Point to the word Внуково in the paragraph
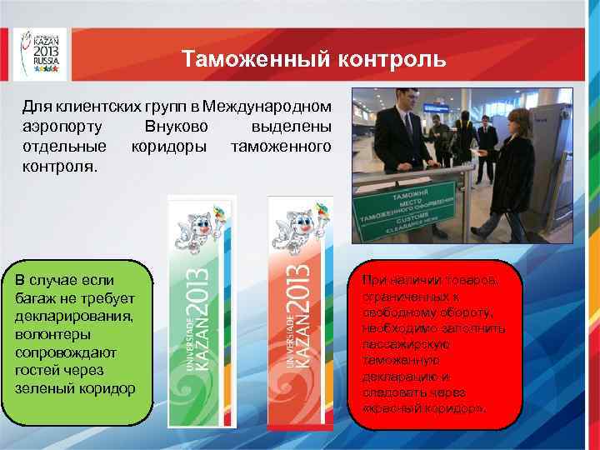[176, 127]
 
